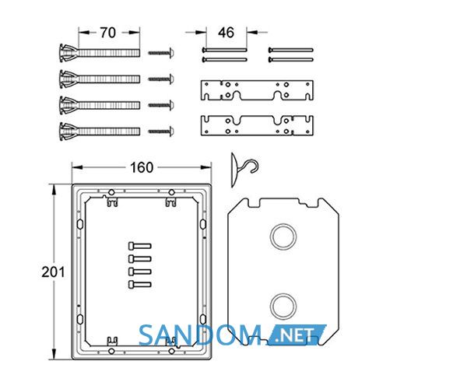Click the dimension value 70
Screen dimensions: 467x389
tap(108, 33)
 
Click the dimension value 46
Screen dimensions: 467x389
tap(226, 33)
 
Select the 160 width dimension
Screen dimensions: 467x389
tap(142, 167)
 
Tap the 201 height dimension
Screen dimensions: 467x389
tap(53, 272)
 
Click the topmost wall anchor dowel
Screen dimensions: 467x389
tap(100, 53)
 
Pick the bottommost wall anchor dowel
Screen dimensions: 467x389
tap(100, 131)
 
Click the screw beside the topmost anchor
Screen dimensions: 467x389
tap(161, 53)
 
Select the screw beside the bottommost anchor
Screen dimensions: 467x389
tap(161, 131)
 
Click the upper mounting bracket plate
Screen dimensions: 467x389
tap(257, 90)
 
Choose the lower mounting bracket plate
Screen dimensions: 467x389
tap(257, 125)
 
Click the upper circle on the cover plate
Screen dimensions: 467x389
tap(283, 237)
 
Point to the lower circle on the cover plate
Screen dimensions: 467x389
tap(283, 307)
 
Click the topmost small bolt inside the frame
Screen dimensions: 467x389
tap(139, 246)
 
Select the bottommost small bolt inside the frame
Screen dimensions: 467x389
tap(139, 285)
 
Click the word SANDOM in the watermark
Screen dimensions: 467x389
tap(200, 335)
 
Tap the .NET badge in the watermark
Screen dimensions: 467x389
tap(297, 335)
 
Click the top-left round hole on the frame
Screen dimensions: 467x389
tap(111, 192)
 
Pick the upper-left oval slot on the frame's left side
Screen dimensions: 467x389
tap(80, 224)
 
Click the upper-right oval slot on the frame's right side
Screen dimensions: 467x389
tap(203, 224)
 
